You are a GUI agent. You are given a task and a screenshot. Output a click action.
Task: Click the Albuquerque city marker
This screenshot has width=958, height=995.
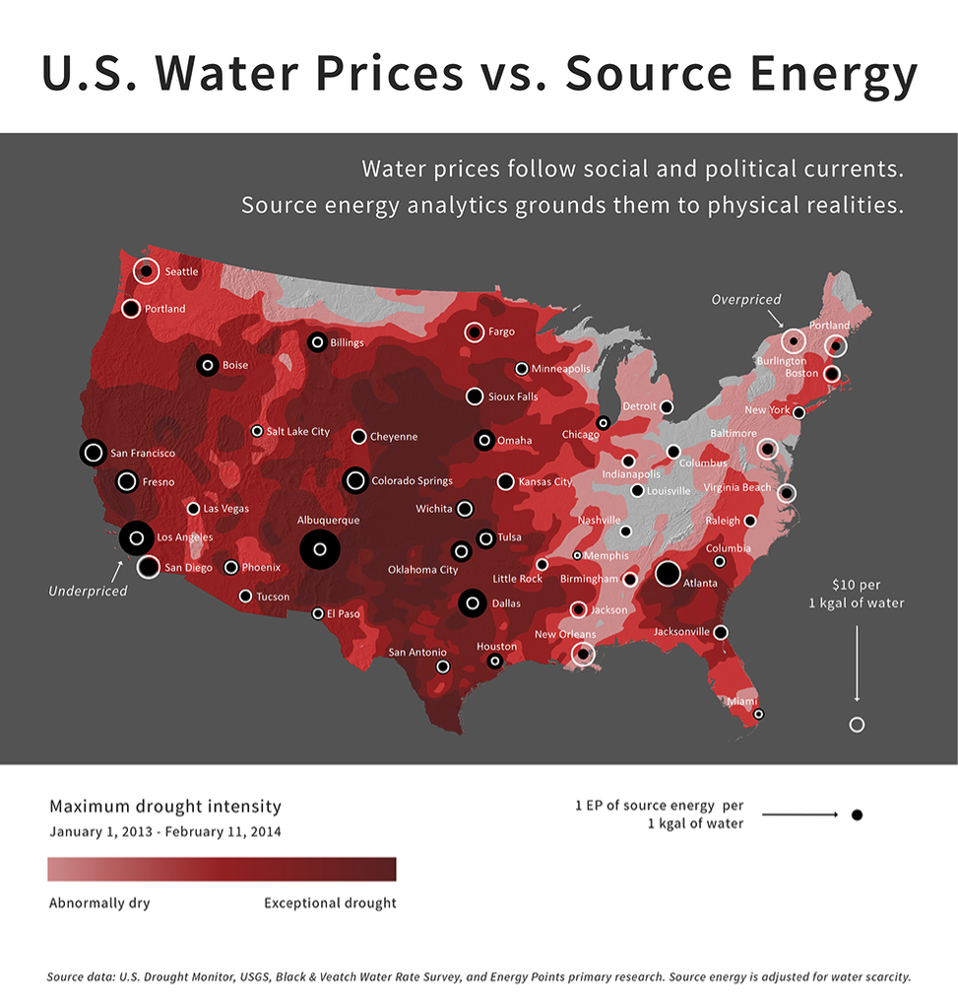(x=319, y=549)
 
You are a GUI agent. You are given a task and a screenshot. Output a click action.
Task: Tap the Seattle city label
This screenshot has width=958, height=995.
(x=181, y=272)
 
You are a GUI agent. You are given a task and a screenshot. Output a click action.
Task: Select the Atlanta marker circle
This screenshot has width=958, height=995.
(x=668, y=574)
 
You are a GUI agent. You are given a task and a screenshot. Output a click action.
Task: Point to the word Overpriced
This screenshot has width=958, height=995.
(x=746, y=299)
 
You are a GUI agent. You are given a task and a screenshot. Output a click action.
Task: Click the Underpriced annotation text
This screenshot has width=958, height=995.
(x=88, y=591)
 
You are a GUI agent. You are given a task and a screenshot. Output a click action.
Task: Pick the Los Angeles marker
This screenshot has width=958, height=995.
(x=136, y=537)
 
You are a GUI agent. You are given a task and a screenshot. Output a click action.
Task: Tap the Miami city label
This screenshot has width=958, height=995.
(x=742, y=702)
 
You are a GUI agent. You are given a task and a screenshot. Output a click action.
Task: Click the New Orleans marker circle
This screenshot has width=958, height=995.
(x=583, y=653)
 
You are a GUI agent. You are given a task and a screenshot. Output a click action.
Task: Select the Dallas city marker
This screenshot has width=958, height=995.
(x=473, y=603)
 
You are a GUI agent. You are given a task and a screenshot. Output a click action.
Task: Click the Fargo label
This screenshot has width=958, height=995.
(x=501, y=332)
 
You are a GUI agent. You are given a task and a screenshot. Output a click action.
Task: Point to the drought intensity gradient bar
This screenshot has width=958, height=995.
(x=222, y=869)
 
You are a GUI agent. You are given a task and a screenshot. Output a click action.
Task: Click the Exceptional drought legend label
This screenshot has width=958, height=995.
(x=330, y=903)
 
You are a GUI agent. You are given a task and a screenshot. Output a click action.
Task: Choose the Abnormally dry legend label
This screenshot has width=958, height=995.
(x=99, y=903)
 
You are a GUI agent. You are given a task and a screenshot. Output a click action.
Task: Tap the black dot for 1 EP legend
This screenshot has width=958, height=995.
(x=857, y=815)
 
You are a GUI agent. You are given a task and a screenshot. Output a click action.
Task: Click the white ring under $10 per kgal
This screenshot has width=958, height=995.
(x=857, y=724)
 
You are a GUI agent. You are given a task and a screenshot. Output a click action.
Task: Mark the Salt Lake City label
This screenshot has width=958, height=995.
(x=297, y=432)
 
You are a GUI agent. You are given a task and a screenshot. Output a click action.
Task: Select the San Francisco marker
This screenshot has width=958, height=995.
(x=93, y=453)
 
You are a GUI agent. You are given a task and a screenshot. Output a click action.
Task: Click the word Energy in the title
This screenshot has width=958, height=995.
(x=812, y=74)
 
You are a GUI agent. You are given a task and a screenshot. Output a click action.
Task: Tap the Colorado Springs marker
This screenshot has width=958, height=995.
(x=355, y=480)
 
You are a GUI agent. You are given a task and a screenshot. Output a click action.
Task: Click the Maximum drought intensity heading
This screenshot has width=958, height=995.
(x=165, y=806)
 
